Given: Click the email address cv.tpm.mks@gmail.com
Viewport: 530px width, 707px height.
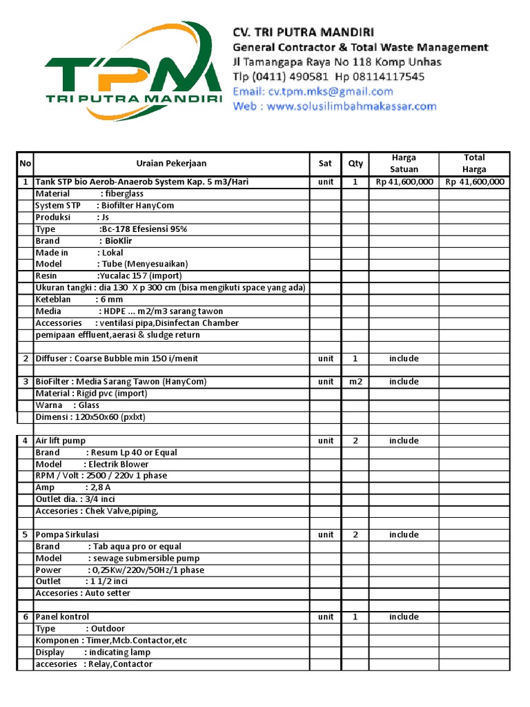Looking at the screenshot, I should tap(313, 91).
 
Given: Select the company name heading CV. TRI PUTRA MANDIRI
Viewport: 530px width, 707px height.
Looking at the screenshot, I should tap(303, 32).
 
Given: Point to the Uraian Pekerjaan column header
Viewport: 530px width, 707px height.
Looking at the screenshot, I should tap(170, 164).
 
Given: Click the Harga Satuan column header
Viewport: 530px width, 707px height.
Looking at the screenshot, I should tap(404, 164).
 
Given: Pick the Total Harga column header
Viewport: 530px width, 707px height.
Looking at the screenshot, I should tap(474, 164).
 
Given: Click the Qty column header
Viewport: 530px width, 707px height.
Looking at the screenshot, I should tap(355, 164).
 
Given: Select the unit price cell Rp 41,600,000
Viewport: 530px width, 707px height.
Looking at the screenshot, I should tap(404, 182).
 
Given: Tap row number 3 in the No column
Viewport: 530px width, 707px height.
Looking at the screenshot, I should tap(26, 381).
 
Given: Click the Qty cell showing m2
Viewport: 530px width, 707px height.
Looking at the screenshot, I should tap(355, 381).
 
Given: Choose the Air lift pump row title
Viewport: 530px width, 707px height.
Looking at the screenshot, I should tap(61, 440).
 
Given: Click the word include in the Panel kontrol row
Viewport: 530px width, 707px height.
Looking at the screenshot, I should tap(404, 617).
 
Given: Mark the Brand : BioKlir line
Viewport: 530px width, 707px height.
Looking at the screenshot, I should tap(84, 241).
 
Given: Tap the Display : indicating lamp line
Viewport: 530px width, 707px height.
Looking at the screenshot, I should tap(92, 652).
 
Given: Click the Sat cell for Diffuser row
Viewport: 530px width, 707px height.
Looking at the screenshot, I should tap(326, 358).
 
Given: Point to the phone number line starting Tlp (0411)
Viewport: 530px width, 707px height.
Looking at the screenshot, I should tap(328, 77).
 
